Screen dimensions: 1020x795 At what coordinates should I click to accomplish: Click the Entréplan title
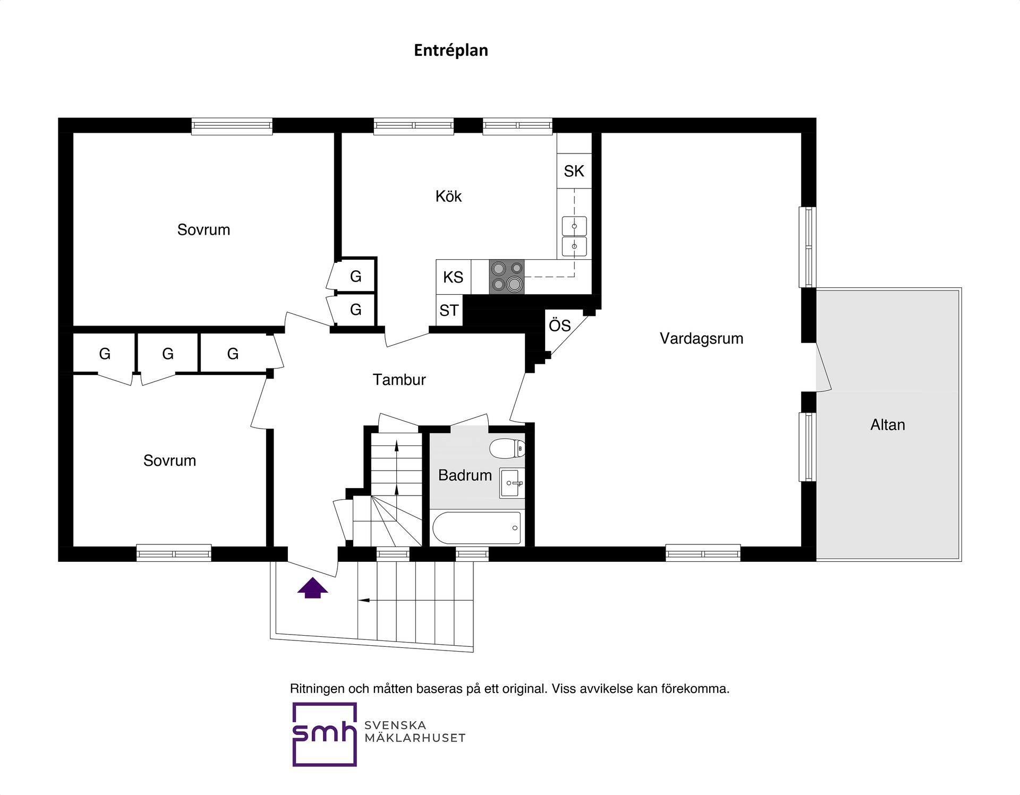click(x=451, y=50)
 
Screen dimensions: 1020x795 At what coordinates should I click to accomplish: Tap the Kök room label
click(x=448, y=196)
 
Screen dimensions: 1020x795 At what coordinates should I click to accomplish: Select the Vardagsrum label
click(x=701, y=339)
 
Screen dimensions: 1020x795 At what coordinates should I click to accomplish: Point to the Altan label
click(x=888, y=425)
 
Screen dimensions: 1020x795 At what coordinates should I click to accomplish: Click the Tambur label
click(x=399, y=380)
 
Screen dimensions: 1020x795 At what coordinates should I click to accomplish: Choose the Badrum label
click(x=465, y=475)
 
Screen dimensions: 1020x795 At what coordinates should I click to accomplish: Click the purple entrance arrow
click(x=312, y=588)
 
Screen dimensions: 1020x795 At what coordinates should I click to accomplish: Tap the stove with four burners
click(x=507, y=277)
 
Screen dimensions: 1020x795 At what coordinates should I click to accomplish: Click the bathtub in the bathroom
click(x=477, y=527)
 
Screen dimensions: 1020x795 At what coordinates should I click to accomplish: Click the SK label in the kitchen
click(x=574, y=171)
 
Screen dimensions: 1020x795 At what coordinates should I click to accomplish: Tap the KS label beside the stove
click(x=453, y=277)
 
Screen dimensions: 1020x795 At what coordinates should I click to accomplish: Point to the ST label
click(x=449, y=310)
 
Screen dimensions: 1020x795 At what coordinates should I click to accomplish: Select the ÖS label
click(x=559, y=324)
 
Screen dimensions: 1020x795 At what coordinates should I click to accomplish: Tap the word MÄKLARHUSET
click(x=415, y=738)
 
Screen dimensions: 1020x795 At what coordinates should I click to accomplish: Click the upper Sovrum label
click(x=203, y=230)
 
